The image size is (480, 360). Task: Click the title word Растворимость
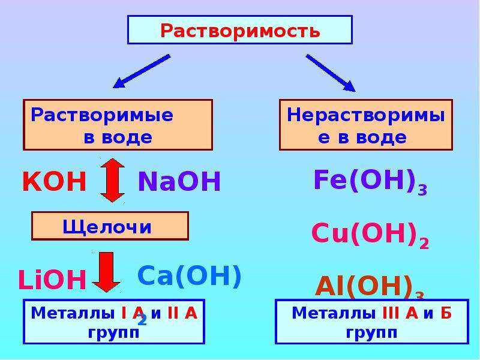click(240, 31)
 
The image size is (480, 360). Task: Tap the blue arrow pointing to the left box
click(142, 71)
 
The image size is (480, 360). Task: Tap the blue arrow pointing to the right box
click(331, 73)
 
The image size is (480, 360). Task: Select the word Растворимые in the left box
click(102, 116)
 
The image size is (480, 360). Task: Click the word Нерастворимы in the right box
click(366, 116)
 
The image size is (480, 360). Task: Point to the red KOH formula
click(55, 181)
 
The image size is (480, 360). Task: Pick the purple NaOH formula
click(179, 181)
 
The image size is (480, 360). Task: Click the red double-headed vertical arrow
click(112, 180)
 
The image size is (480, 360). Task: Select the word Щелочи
click(107, 227)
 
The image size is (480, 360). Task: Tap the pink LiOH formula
click(52, 280)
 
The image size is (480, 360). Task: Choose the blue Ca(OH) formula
click(190, 276)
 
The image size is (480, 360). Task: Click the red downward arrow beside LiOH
click(107, 272)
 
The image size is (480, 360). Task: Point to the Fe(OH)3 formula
click(370, 182)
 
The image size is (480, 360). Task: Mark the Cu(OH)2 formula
click(370, 235)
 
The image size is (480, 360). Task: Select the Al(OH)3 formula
click(370, 287)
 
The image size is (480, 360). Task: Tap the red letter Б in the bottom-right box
click(446, 313)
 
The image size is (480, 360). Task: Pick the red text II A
click(182, 313)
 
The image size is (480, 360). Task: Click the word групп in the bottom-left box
click(113, 332)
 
